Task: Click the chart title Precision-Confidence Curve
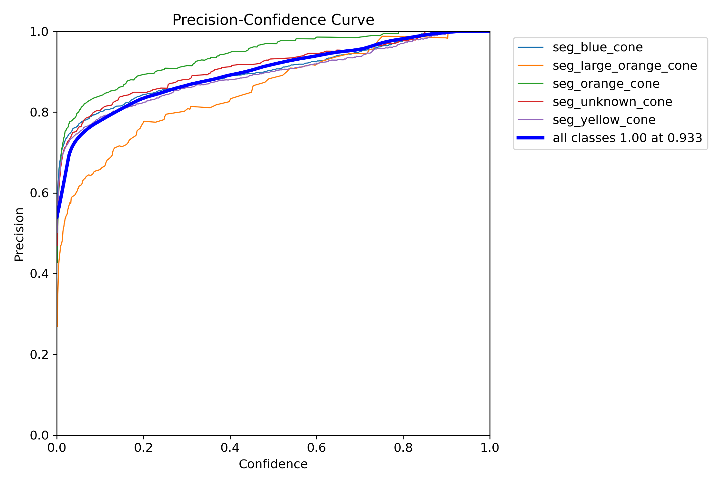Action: click(273, 20)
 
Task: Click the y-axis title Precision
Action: click(19, 234)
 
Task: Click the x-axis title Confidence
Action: click(273, 464)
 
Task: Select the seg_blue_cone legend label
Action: click(598, 47)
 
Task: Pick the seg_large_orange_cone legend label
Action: click(625, 66)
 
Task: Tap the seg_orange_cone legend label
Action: click(606, 84)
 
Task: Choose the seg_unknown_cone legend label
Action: click(612, 102)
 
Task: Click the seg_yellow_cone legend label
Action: click(604, 120)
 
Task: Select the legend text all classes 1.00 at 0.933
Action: click(627, 138)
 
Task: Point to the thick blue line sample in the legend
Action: click(530, 138)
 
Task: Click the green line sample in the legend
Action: click(530, 84)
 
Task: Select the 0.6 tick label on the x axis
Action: click(317, 448)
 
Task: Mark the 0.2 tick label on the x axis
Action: click(144, 448)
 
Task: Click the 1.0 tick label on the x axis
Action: click(489, 448)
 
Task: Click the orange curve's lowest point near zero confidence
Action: click(57, 326)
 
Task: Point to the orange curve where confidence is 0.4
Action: click(230, 100)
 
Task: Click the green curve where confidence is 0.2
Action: click(144, 74)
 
